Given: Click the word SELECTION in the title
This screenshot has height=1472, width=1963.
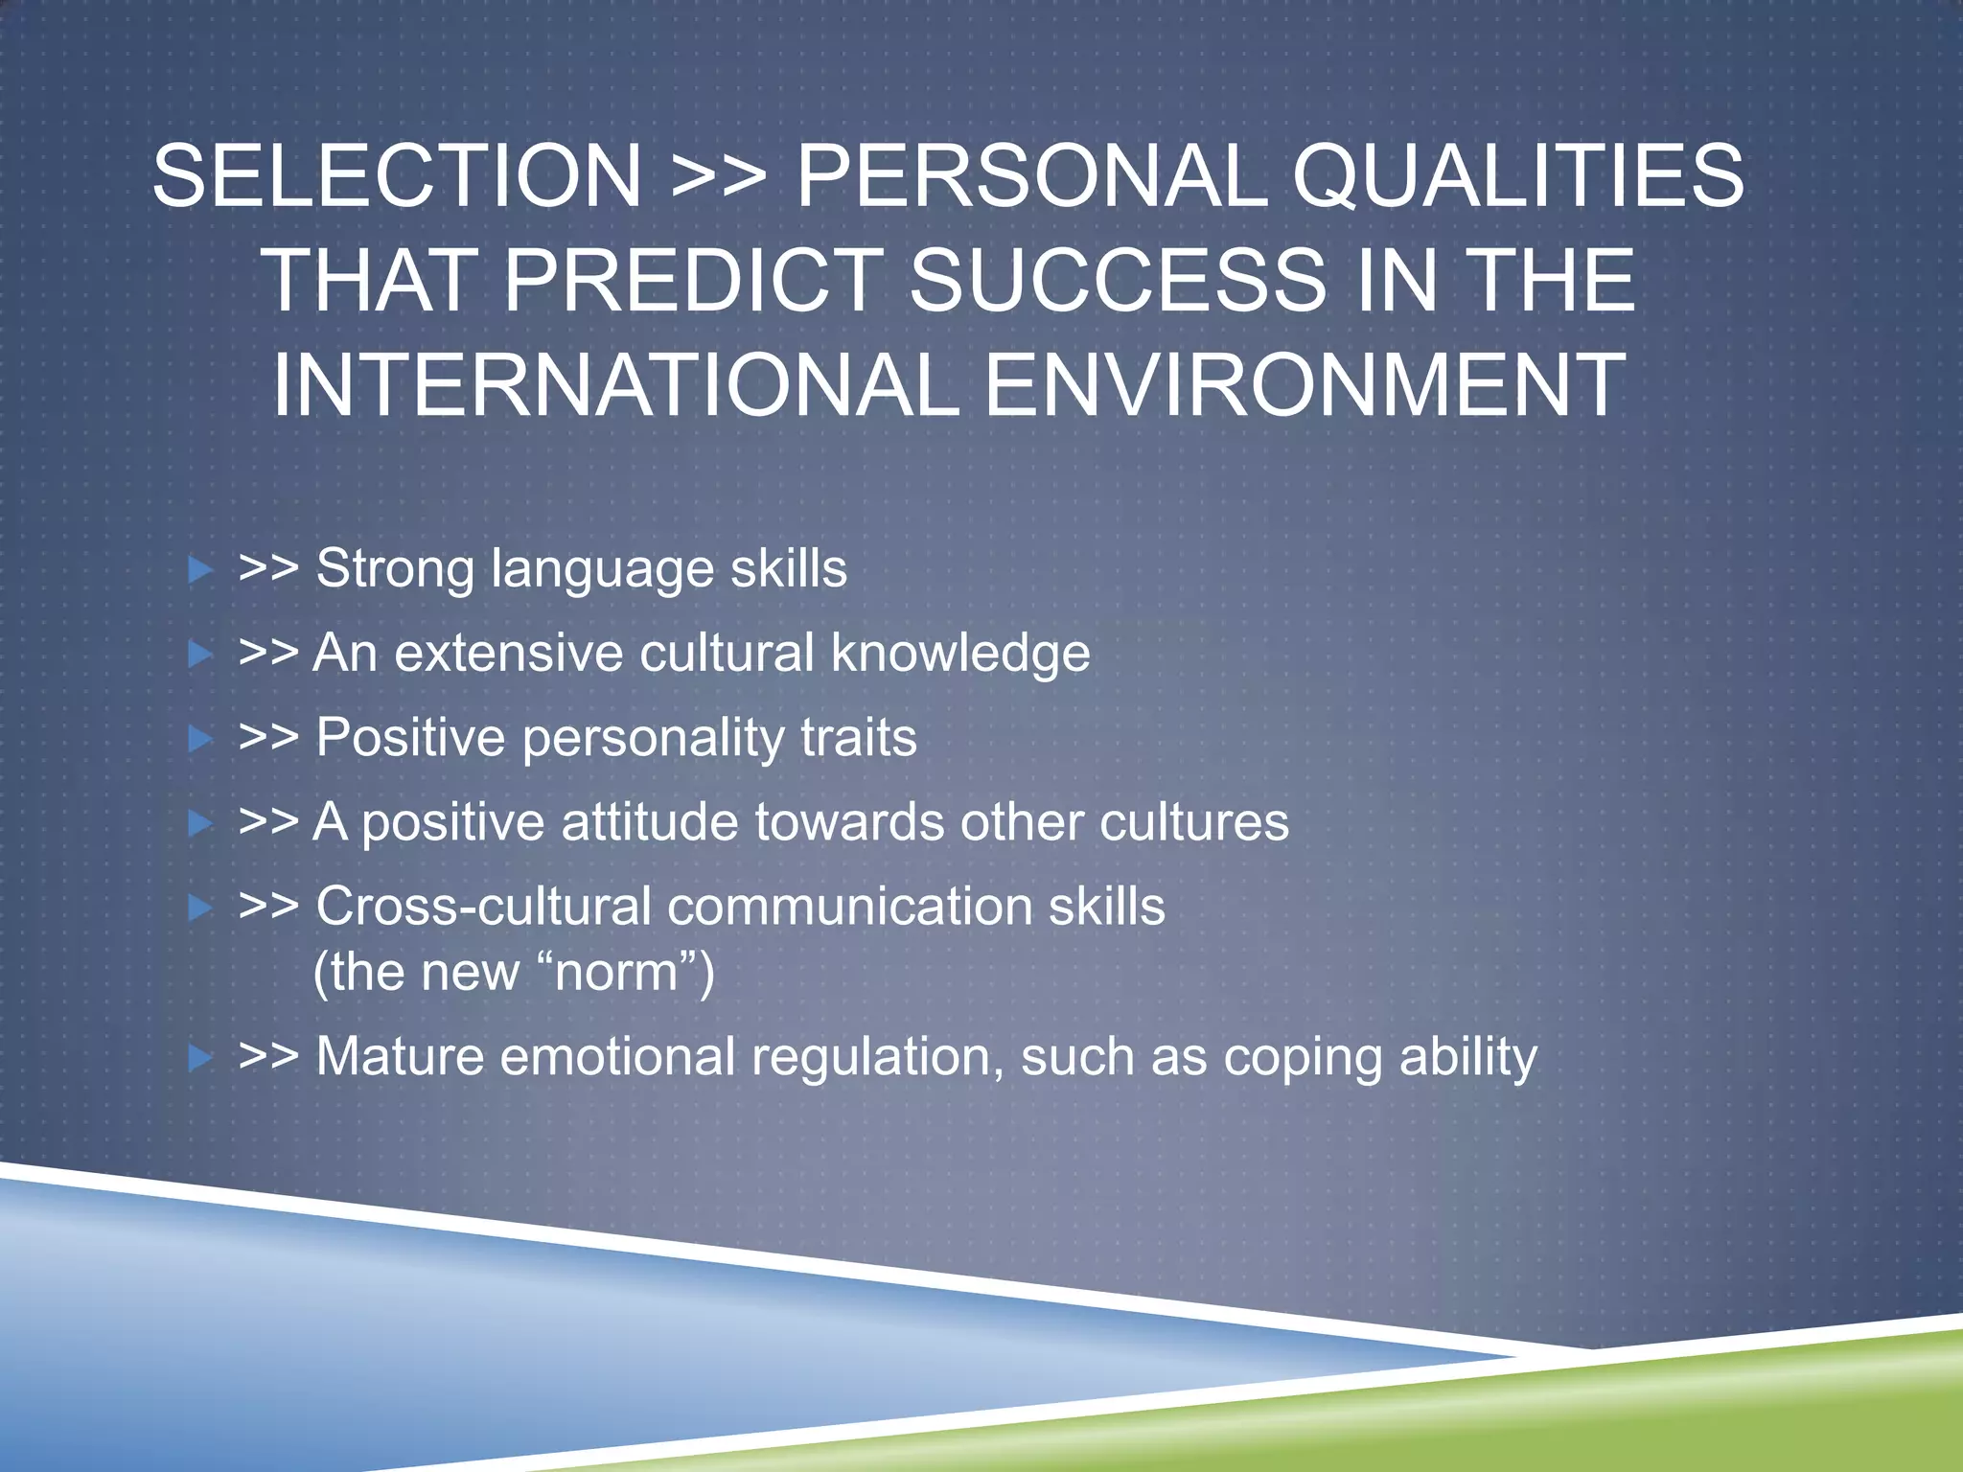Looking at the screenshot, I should click(x=397, y=176).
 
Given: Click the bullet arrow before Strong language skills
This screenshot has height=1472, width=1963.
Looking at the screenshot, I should click(x=200, y=571).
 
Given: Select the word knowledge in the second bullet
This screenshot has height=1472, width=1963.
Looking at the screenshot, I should click(x=960, y=655).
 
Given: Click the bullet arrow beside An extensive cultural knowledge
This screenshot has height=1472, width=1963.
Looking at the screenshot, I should click(x=200, y=655).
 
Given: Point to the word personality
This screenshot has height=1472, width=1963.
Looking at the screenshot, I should click(x=653, y=739).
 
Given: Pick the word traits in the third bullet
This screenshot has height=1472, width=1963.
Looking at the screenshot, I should click(x=859, y=739).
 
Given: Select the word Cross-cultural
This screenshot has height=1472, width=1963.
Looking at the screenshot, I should click(x=483, y=907).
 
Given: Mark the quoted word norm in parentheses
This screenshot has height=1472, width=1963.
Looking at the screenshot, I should click(x=616, y=973).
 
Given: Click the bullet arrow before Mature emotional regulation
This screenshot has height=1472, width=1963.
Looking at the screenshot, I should click(x=200, y=1059).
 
